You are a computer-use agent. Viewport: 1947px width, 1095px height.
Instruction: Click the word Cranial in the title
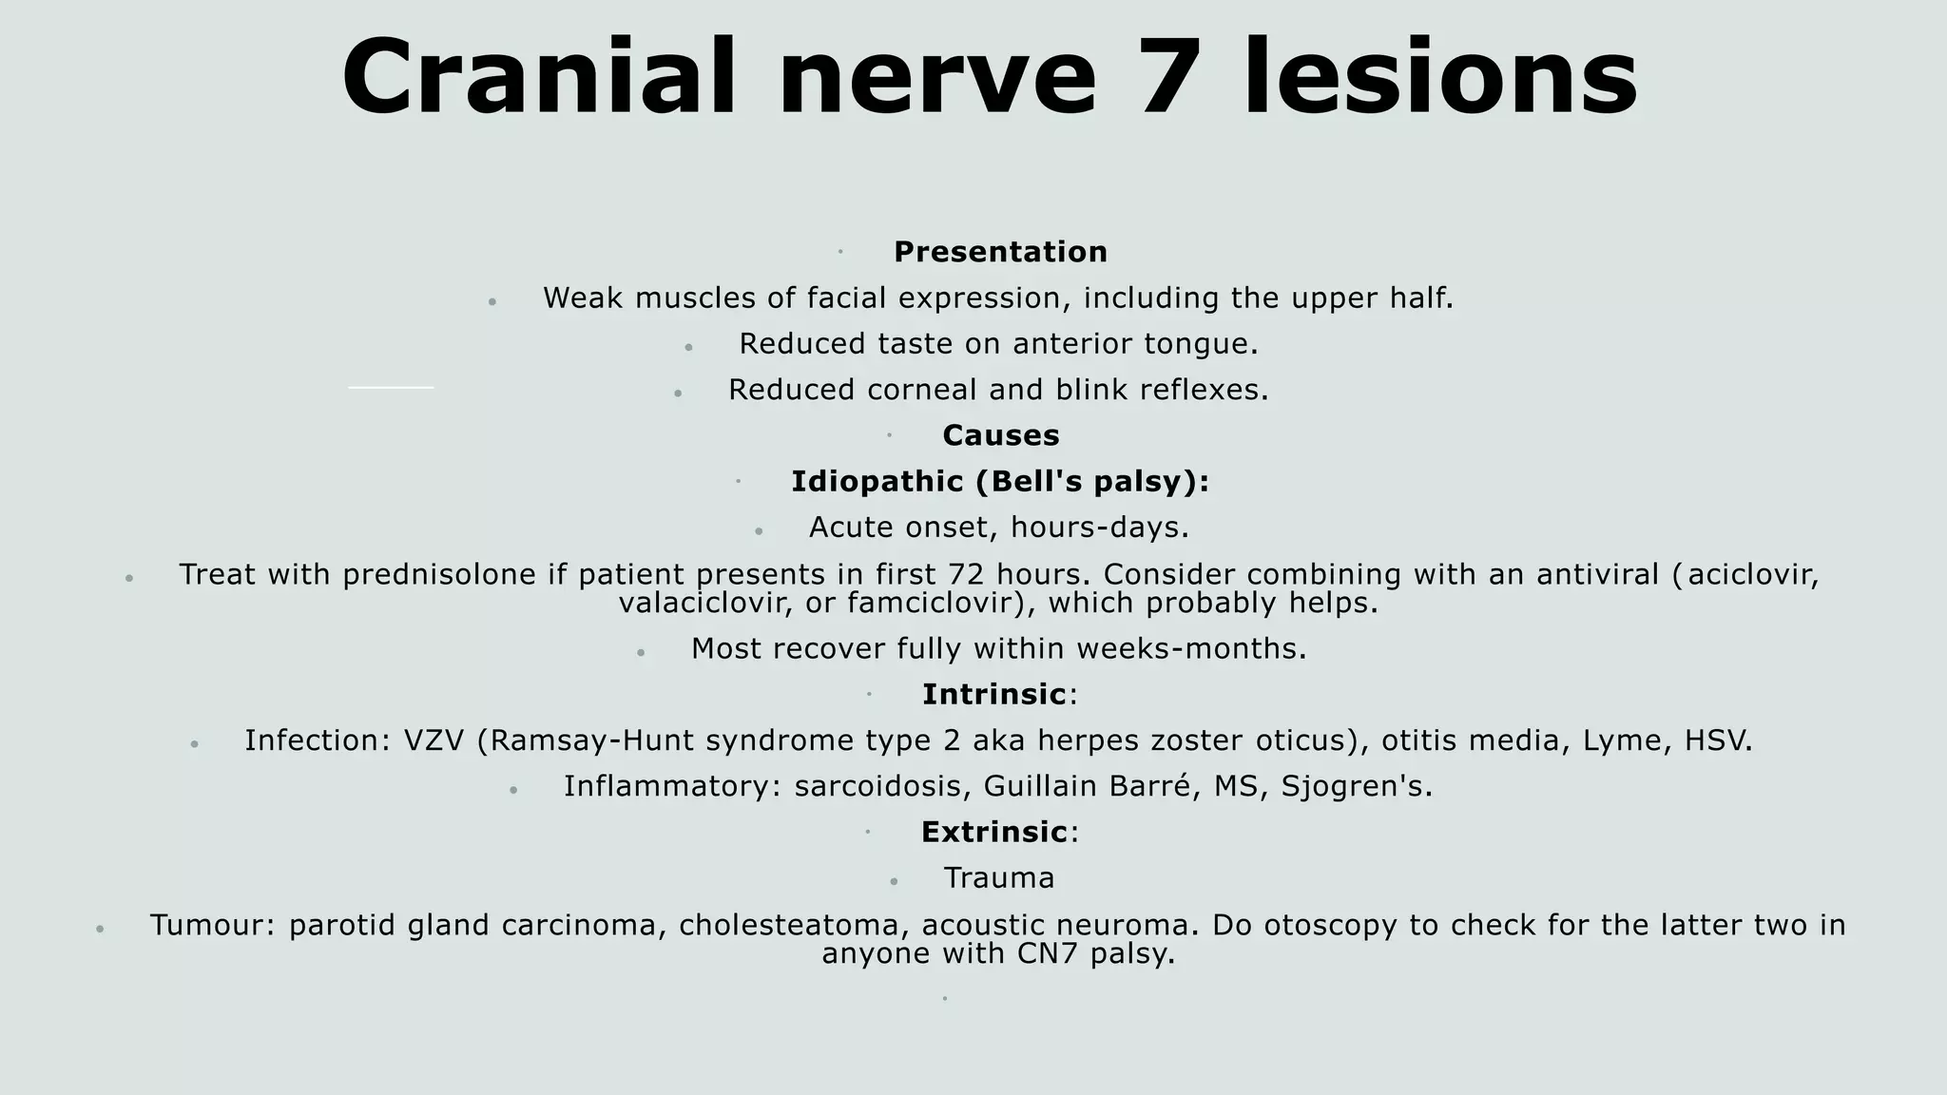tap(539, 78)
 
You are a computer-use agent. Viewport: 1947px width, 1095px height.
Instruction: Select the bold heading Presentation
tap(1000, 252)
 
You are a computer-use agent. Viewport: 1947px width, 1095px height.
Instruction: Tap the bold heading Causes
tap(1000, 435)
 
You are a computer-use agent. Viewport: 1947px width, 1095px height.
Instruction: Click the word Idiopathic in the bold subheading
tap(877, 482)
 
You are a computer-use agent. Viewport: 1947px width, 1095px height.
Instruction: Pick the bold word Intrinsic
tap(993, 695)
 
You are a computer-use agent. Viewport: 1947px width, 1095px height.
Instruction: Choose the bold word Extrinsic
tap(993, 833)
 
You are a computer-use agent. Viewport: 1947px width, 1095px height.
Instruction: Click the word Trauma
tap(998, 878)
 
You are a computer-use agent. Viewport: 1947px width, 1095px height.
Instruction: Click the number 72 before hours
tap(967, 574)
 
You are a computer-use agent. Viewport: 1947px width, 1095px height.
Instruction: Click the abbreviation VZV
tap(434, 740)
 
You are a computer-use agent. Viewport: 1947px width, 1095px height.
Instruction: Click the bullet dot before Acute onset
tap(759, 531)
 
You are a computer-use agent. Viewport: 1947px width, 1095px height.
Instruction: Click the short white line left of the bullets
tap(391, 387)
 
